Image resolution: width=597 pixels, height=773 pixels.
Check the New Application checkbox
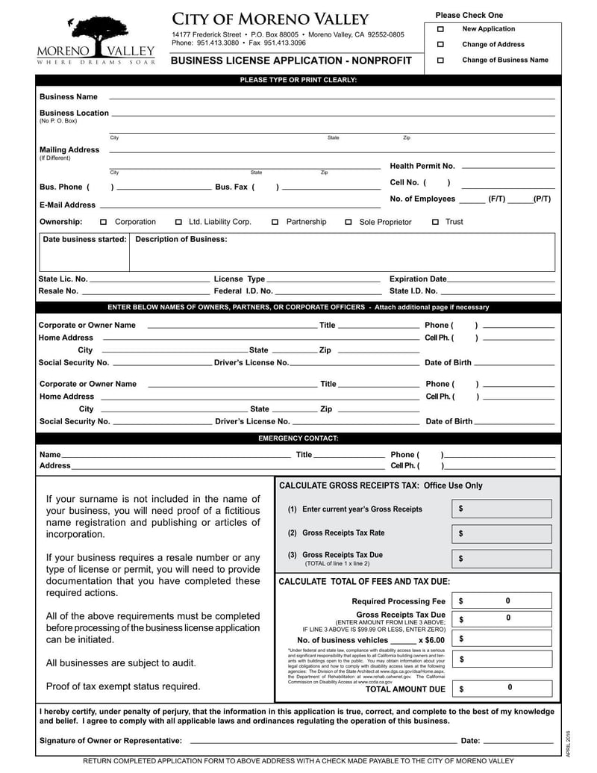[440, 29]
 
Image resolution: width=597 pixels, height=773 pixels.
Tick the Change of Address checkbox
[440, 45]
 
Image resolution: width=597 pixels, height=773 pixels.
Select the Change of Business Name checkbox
[440, 60]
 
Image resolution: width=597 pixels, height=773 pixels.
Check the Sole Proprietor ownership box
[348, 223]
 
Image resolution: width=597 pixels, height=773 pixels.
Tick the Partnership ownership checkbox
[275, 222]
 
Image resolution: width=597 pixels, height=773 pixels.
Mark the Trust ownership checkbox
[436, 222]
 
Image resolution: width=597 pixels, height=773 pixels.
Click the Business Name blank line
[331, 97]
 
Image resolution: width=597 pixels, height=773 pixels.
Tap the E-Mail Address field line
[239, 205]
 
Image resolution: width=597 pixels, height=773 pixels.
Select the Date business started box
[84, 254]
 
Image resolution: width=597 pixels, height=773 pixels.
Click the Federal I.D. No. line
[328, 291]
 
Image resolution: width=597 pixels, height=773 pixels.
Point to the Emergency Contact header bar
[298, 438]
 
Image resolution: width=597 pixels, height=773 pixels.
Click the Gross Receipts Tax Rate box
[501, 534]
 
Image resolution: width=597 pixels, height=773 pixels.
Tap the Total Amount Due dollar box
[501, 689]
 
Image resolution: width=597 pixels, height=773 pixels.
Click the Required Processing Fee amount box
[501, 601]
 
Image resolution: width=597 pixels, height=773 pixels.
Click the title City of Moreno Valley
[270, 19]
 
